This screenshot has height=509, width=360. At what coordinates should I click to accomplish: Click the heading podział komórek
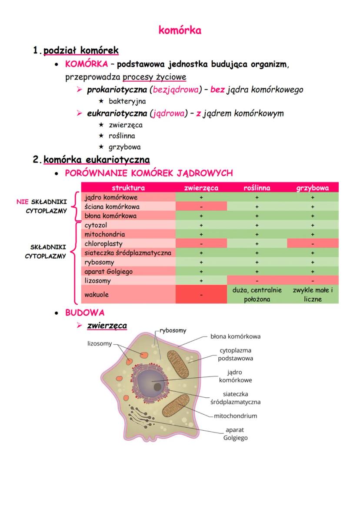[x=81, y=50]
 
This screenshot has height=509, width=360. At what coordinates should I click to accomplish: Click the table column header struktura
[x=128, y=188]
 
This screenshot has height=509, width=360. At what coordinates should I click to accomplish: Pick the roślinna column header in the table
[x=257, y=188]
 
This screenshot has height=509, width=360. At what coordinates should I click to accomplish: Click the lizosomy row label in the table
[x=98, y=281]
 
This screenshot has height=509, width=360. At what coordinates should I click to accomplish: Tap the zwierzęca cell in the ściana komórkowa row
[x=201, y=206]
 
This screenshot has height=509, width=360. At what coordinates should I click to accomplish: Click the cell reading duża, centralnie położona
[x=257, y=294]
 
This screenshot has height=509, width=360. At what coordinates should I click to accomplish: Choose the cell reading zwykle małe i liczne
[x=313, y=294]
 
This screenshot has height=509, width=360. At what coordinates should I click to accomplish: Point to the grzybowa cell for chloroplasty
[x=313, y=243]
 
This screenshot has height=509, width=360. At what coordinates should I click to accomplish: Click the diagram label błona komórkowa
[x=235, y=336]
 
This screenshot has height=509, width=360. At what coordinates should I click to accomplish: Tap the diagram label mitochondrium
[x=235, y=416]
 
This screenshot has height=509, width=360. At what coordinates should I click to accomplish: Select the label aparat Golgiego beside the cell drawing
[x=235, y=433]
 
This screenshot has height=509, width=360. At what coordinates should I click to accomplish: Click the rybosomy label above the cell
[x=173, y=330]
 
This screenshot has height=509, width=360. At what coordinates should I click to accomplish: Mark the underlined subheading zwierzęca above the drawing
[x=107, y=325]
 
